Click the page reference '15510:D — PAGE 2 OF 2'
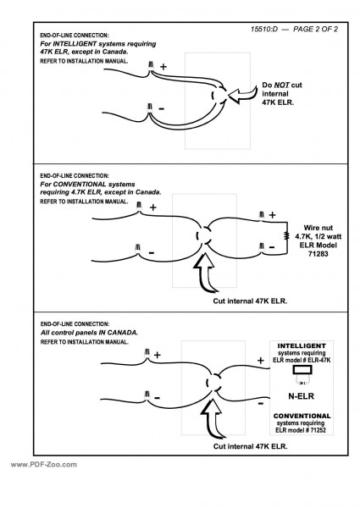point(294,29)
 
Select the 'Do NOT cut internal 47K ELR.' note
point(281,94)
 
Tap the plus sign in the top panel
point(163,67)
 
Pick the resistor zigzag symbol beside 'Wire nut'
point(286,235)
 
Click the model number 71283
point(318,254)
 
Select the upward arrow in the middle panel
point(205,272)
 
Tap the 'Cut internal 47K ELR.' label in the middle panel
point(250,301)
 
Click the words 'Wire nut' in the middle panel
point(318,228)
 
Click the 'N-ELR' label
point(301,396)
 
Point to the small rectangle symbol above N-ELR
point(302,370)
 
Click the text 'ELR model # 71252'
point(301,430)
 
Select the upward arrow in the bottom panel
point(213,418)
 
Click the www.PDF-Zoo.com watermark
point(44,465)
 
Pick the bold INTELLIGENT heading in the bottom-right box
point(302,345)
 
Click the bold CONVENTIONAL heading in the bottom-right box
point(302,416)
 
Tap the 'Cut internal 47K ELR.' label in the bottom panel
point(250,446)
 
